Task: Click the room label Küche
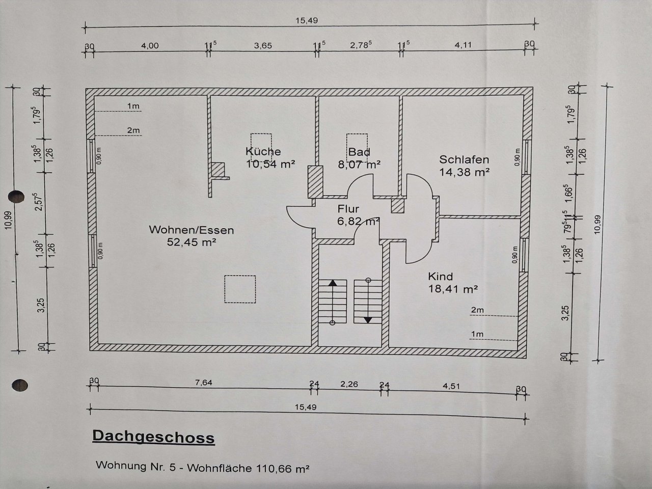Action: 263,152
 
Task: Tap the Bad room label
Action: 359,152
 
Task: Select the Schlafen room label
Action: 464,160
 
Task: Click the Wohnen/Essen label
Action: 192,230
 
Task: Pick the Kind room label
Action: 440,277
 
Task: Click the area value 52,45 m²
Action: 192,242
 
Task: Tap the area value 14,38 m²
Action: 464,172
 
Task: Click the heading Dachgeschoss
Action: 153,438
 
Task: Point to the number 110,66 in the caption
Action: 274,467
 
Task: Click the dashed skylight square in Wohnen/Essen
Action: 240,289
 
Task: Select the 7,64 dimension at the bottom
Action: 203,383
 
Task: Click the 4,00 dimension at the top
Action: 150,46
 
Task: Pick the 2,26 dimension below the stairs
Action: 349,384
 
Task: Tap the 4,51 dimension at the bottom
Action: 451,386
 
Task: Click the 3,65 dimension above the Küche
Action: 263,46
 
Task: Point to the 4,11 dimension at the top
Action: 464,45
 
